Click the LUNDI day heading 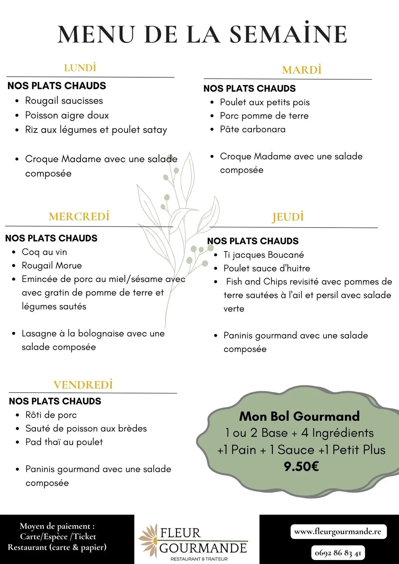pyautogui.click(x=80, y=68)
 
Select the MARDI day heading pyautogui.click(x=302, y=70)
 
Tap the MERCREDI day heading pyautogui.click(x=79, y=216)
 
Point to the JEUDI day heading pyautogui.click(x=288, y=217)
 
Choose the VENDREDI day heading pyautogui.click(x=83, y=385)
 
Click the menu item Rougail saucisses pyautogui.click(x=64, y=101)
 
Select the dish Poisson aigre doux pyautogui.click(x=67, y=115)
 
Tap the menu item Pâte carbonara pyautogui.click(x=253, y=129)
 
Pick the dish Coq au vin pyautogui.click(x=44, y=252)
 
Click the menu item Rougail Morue pyautogui.click(x=52, y=266)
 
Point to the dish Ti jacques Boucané pyautogui.click(x=264, y=255)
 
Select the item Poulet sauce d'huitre pyautogui.click(x=267, y=268)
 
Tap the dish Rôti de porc pyautogui.click(x=51, y=415)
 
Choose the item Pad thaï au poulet pyautogui.click(x=64, y=442)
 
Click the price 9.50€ pyautogui.click(x=301, y=466)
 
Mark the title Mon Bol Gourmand pyautogui.click(x=300, y=416)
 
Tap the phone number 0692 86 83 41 pyautogui.click(x=338, y=553)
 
